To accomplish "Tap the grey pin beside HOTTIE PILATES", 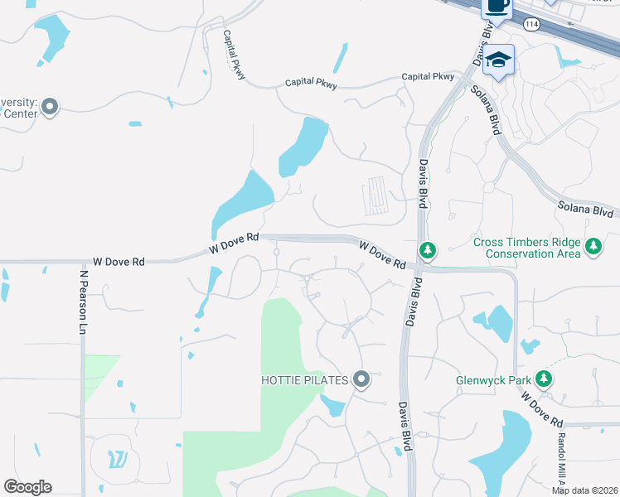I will click(x=361, y=379).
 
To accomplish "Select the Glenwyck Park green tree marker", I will click(x=544, y=379).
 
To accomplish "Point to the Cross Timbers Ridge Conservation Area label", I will click(x=526, y=248).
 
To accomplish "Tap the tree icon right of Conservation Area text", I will click(x=593, y=246).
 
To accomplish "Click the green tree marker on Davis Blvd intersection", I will click(x=428, y=249).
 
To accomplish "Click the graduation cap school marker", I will click(x=499, y=60).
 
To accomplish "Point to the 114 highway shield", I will click(x=530, y=25).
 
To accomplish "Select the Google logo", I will click(x=27, y=487).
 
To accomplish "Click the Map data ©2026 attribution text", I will click(x=584, y=490).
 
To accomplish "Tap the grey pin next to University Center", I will click(x=51, y=106).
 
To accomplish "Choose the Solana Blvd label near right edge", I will click(x=585, y=210).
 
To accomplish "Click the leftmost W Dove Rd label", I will click(x=119, y=262).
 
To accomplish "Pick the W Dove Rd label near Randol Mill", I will click(x=542, y=409).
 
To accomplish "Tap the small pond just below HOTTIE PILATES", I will click(x=332, y=406).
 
